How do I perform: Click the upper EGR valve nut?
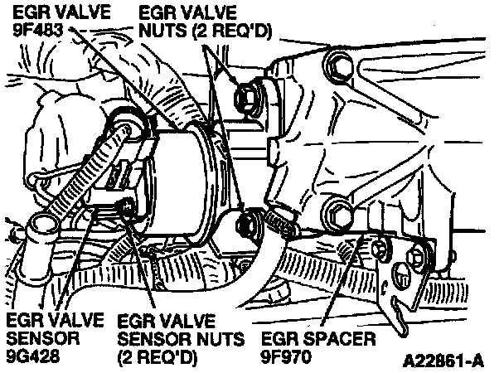247,96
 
